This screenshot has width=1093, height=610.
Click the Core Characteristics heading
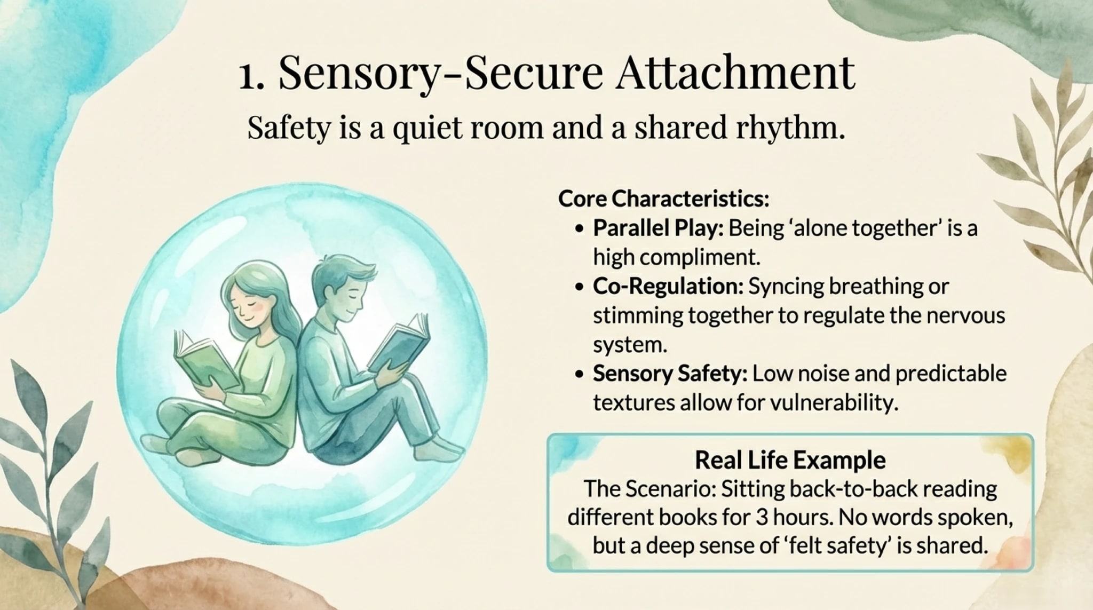coord(663,199)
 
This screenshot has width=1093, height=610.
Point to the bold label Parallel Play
coord(658,228)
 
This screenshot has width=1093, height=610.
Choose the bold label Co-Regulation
coord(668,287)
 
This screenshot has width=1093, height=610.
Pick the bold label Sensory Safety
coord(670,374)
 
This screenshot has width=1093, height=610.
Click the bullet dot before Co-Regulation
coord(580,287)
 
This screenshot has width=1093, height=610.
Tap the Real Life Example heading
coord(790,460)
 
